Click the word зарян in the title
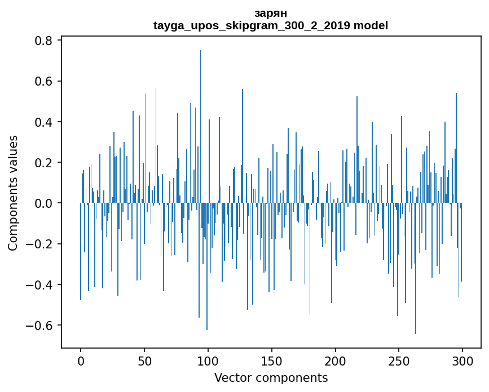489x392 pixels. point(271,14)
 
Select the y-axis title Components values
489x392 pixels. point(13,193)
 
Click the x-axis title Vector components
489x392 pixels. point(271,377)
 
